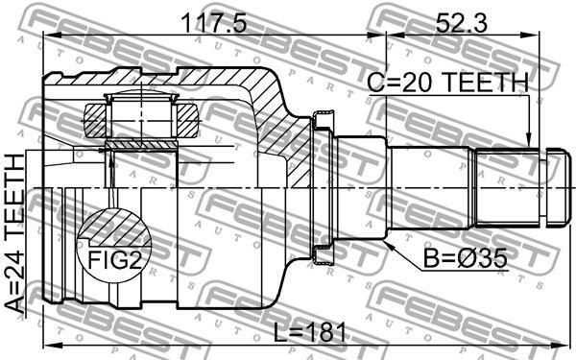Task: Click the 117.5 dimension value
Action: pyautogui.click(x=214, y=24)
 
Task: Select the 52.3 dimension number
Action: pyautogui.click(x=461, y=24)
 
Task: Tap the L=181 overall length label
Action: pyautogui.click(x=310, y=333)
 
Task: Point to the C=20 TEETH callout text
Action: pyautogui.click(x=447, y=83)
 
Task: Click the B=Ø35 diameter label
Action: pyautogui.click(x=465, y=258)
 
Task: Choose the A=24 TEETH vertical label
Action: pyautogui.click(x=14, y=233)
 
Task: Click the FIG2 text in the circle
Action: pyautogui.click(x=114, y=260)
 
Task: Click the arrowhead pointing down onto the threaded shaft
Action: pyautogui.click(x=528, y=141)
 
